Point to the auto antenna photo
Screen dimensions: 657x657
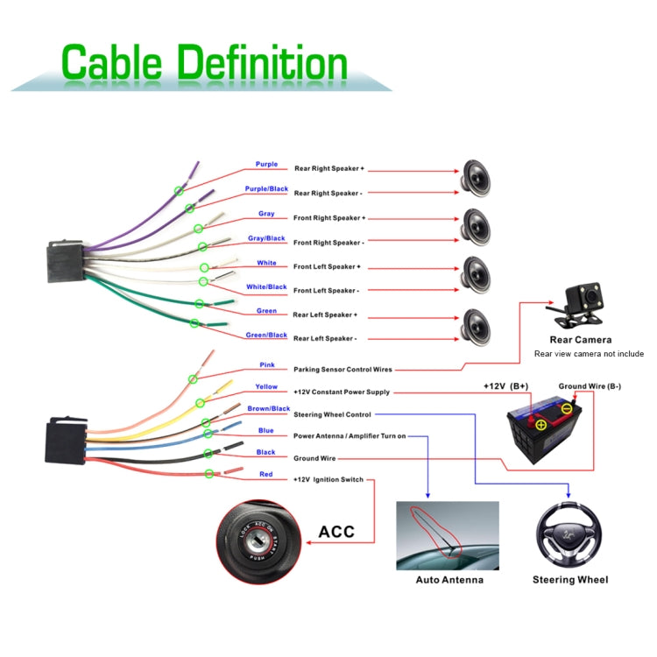(448, 535)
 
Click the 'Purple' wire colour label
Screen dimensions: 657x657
(266, 164)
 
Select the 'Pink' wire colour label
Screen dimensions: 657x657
(267, 364)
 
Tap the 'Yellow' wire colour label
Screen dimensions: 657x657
(266, 386)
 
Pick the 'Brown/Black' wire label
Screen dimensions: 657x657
(268, 408)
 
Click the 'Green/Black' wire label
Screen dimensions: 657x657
(266, 335)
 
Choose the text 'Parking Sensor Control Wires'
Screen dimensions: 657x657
(343, 370)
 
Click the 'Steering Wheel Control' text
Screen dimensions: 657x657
(332, 414)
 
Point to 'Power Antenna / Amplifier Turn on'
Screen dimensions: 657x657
(350, 435)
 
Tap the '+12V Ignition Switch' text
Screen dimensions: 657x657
(328, 480)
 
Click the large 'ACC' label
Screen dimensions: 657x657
(336, 532)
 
